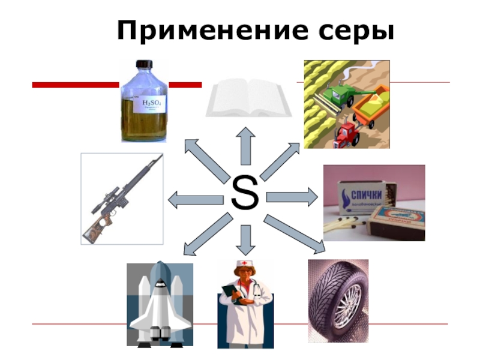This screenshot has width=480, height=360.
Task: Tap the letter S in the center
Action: [x=244, y=194]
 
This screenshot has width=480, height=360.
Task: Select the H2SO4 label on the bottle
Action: [x=152, y=104]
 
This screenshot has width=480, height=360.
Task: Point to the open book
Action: [x=248, y=98]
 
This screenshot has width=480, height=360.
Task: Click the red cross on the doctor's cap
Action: [x=244, y=265]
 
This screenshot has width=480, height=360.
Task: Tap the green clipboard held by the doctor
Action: [x=230, y=294]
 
